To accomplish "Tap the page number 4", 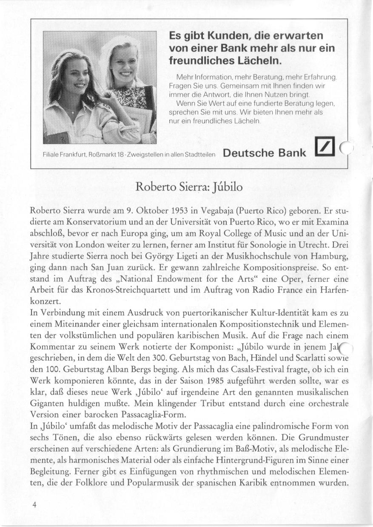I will [34, 504].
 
